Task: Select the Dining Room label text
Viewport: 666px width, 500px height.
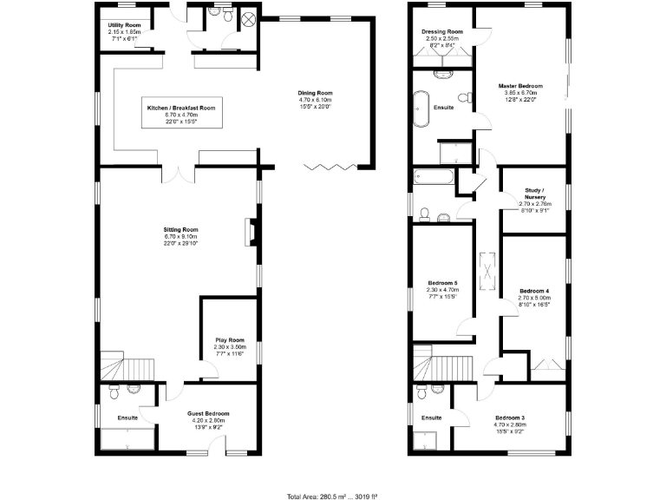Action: pos(315,94)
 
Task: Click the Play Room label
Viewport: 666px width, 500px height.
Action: pos(229,340)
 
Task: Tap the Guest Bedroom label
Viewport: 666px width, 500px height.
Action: pos(208,414)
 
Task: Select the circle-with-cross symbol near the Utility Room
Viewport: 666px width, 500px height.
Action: pos(247,18)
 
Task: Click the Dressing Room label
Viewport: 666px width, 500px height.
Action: pos(443,32)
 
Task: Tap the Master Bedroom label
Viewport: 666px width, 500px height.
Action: pos(519,86)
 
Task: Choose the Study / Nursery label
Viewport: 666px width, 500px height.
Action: pos(534,194)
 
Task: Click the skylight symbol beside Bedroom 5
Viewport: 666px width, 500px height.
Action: pos(487,271)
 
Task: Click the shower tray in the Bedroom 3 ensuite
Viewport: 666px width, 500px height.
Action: pos(430,444)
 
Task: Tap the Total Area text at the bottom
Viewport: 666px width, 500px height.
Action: pos(332,497)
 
